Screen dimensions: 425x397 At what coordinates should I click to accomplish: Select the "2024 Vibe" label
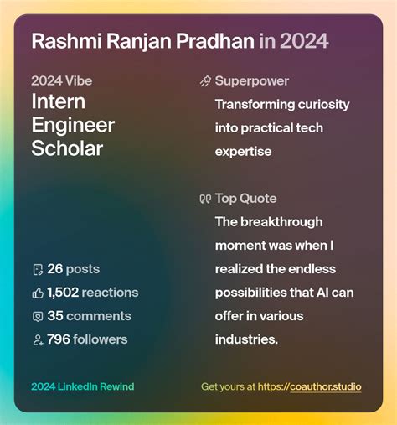coord(62,81)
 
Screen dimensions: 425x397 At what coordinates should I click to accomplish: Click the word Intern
coord(59,102)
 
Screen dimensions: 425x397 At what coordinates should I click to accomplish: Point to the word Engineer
coord(73,126)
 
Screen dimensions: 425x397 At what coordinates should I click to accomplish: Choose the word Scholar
coord(66,149)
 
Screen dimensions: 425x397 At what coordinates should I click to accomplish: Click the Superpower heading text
coord(252,81)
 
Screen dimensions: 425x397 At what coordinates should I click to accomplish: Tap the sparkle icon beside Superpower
coord(205,81)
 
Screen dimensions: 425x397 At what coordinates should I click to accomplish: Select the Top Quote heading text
coord(245,199)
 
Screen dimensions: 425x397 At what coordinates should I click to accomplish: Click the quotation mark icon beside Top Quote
coord(205,200)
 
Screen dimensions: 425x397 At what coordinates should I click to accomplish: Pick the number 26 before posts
coord(55,269)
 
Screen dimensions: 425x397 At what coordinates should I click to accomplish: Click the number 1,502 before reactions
coord(63,293)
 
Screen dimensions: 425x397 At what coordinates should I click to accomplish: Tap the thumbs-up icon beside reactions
coord(37,293)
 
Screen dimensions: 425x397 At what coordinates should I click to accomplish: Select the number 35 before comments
coord(55,316)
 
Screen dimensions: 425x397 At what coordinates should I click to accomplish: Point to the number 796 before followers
coord(59,339)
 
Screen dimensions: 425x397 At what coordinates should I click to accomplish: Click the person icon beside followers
coord(37,339)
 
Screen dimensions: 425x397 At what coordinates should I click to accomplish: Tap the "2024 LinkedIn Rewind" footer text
coord(82,386)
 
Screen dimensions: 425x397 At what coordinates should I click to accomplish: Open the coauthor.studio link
coord(326,386)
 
